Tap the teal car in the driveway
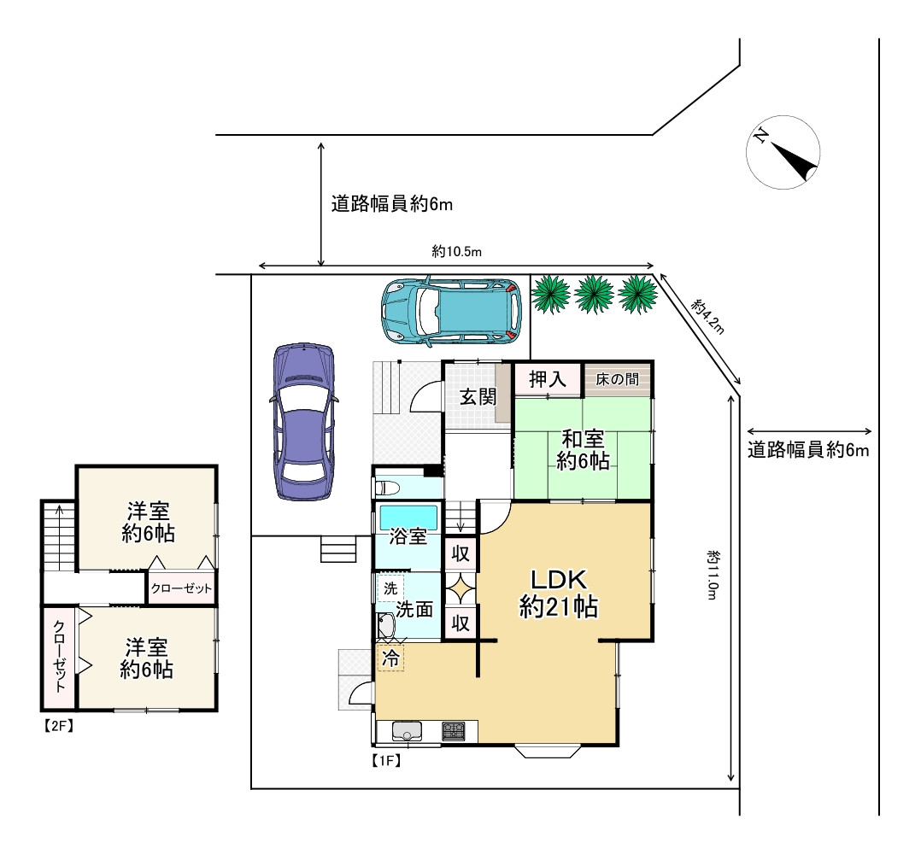[x=450, y=312]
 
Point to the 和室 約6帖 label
[x=583, y=450]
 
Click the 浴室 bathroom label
[x=408, y=537]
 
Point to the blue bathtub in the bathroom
[x=408, y=517]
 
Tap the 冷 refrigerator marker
[x=390, y=658]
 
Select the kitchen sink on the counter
[x=408, y=732]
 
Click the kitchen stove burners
[x=452, y=732]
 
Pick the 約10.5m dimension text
[x=457, y=251]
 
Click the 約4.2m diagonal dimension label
[x=708, y=318]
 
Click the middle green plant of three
[x=592, y=294]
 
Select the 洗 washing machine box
[x=390, y=588]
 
